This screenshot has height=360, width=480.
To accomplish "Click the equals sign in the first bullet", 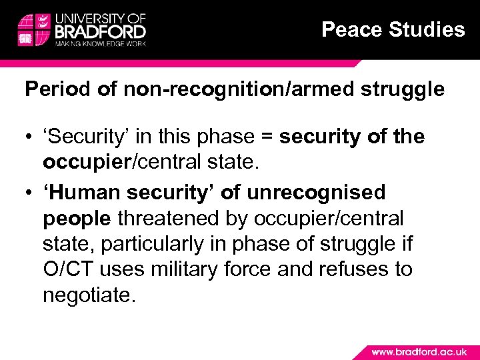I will (x=267, y=137).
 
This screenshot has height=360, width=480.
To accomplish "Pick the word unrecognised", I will (x=317, y=193).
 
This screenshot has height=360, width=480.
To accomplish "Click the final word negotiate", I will (x=89, y=295).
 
